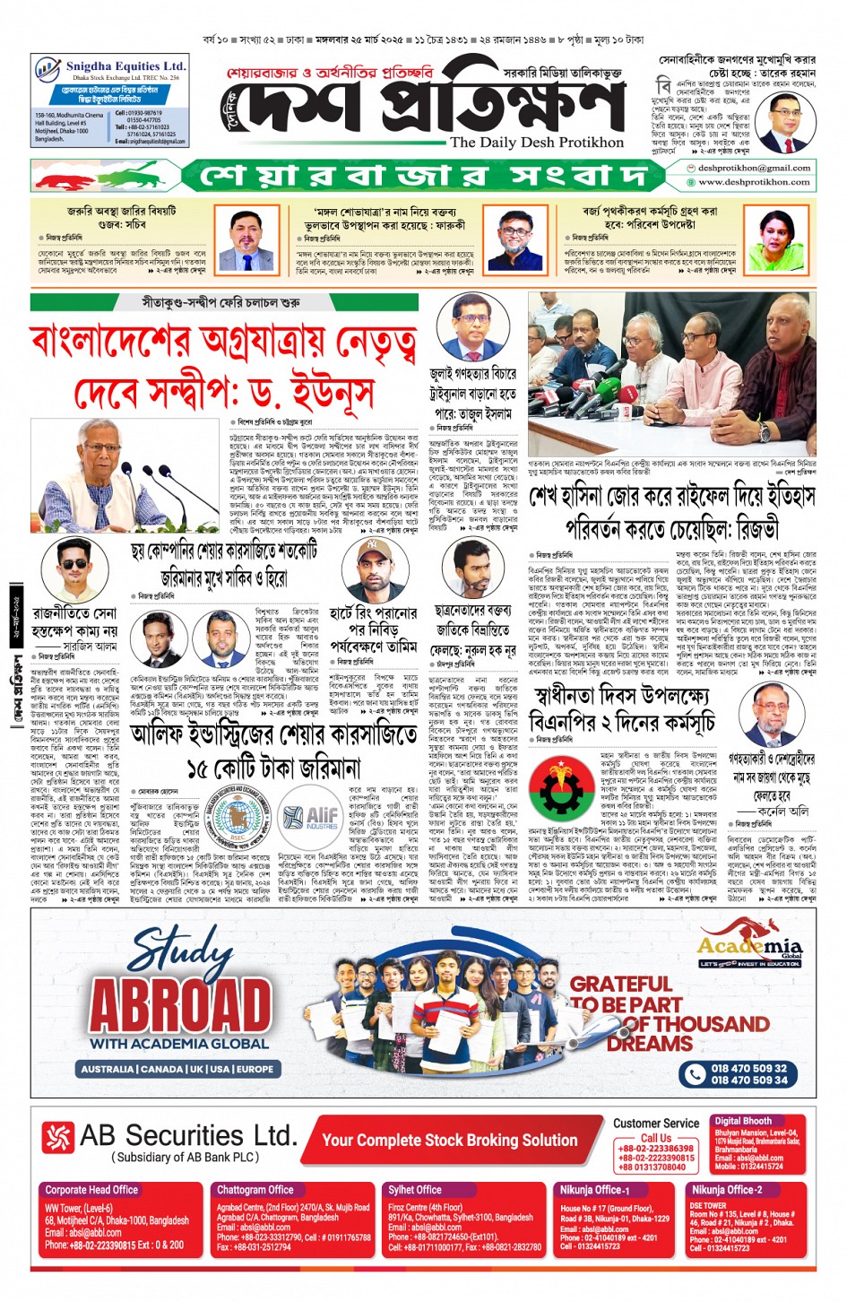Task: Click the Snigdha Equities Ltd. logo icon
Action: click(47, 69)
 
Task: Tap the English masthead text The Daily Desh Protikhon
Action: click(537, 143)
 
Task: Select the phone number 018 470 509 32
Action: click(748, 1068)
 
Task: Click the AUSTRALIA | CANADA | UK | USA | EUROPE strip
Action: click(177, 1069)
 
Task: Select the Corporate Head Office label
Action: click(91, 1190)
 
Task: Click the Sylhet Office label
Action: click(415, 1190)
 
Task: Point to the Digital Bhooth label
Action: click(743, 1121)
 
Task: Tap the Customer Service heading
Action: click(656, 1123)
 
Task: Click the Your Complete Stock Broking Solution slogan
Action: click(450, 1141)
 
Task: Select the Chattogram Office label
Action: click(255, 1190)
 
